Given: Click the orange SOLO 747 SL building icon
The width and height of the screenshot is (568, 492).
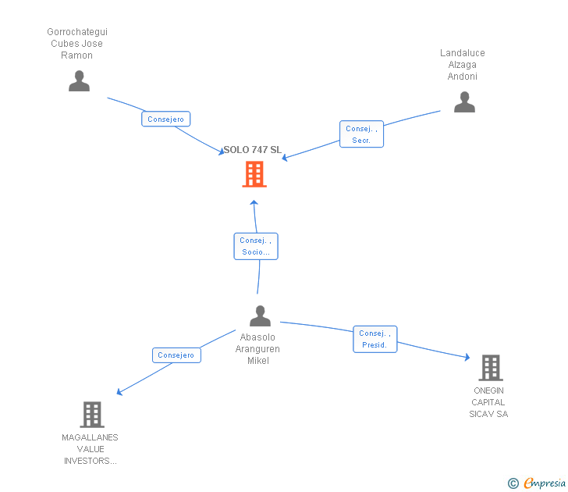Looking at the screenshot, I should (254, 174).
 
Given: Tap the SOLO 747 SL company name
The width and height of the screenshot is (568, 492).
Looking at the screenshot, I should (252, 150).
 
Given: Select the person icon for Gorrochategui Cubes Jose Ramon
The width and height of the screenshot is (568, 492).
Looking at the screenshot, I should (79, 81).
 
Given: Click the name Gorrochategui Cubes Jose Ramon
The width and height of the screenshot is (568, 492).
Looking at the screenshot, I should (77, 44).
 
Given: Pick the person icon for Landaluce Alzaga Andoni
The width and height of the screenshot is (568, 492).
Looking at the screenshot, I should (464, 102).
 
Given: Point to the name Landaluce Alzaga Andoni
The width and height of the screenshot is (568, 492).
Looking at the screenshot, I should (463, 65).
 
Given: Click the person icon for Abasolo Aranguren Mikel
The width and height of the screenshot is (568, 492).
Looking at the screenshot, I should (260, 316).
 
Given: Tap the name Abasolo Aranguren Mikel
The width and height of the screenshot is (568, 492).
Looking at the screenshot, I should (258, 349).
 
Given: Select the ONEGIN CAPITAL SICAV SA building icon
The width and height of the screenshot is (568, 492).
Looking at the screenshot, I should (490, 367).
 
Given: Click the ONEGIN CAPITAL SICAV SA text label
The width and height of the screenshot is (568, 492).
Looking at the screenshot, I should (488, 402).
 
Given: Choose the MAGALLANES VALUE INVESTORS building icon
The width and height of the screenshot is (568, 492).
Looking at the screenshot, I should (92, 415).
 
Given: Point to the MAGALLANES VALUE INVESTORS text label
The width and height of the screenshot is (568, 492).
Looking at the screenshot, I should (91, 449).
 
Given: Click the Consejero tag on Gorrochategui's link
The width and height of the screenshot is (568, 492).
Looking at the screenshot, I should (166, 119).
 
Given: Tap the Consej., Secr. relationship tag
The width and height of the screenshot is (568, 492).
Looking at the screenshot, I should (361, 134).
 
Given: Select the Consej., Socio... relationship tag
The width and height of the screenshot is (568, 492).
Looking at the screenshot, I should (256, 246).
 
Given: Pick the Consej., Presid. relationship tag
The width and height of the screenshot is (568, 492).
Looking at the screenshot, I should (375, 339).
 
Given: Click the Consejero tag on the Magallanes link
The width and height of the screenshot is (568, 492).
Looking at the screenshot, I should (176, 355).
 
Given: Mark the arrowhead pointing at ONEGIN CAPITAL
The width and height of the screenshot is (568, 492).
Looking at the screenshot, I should (467, 357).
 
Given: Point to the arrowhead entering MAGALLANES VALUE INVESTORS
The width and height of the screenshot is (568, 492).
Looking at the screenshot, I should (119, 392).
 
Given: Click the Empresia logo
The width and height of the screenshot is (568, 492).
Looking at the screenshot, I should (538, 483).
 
